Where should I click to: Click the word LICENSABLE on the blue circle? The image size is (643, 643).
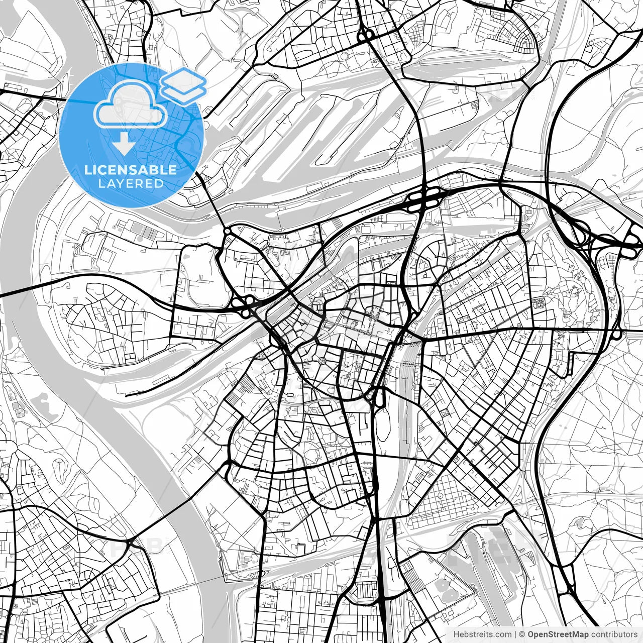coord(131,170)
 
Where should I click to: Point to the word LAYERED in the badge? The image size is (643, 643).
coord(131,184)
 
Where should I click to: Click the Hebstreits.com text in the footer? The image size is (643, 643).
coord(482,634)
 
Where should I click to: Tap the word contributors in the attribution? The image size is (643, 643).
coord(611,634)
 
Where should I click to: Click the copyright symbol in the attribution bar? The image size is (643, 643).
coord(522,634)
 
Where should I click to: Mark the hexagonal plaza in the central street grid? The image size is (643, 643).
coord(321,361)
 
